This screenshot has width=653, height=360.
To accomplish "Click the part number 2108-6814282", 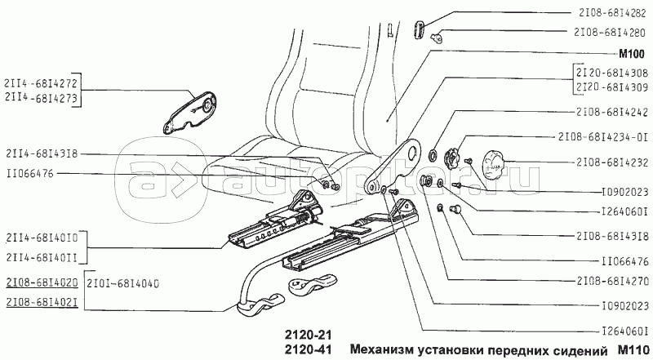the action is (x=611, y=13).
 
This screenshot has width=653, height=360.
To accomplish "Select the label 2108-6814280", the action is (x=609, y=32).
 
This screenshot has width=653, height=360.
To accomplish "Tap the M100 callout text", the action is (x=631, y=54).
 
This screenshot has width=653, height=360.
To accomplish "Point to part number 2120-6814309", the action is (x=611, y=87).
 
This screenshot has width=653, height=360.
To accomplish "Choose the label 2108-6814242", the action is (x=611, y=112).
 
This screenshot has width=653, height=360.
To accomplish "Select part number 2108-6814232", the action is (x=611, y=162).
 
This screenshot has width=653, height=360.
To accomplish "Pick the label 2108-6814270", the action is (x=611, y=281).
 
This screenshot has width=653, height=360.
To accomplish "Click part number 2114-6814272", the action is (x=41, y=83).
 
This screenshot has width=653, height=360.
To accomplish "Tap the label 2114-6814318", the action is (x=42, y=153).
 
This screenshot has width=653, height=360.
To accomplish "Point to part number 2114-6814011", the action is (x=42, y=257).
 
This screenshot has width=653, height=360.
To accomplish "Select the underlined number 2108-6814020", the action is (x=42, y=282).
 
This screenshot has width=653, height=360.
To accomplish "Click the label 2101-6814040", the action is (x=123, y=284).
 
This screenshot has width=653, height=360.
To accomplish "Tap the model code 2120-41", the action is (x=309, y=349).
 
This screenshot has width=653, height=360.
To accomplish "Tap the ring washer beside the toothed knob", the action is (x=433, y=156).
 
